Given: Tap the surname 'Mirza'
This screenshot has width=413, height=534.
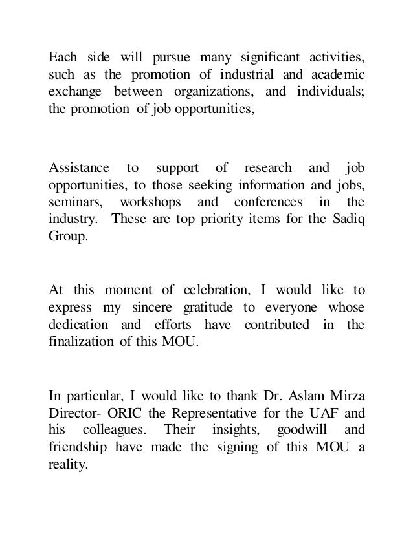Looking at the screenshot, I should pyautogui.click(x=346, y=393).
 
